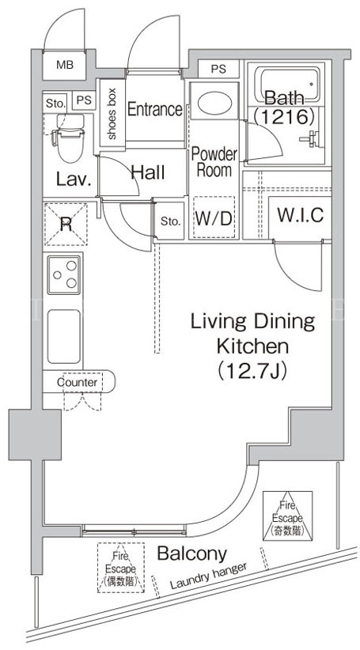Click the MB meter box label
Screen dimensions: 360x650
click(x=64, y=65)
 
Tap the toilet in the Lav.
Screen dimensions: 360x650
click(x=69, y=138)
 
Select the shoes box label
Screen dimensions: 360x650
click(x=112, y=112)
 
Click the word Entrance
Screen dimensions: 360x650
click(x=155, y=109)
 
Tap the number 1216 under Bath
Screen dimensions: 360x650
click(x=283, y=117)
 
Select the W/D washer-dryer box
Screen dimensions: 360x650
click(x=214, y=217)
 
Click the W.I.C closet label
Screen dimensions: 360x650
click(x=300, y=215)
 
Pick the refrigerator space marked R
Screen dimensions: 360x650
click(x=66, y=225)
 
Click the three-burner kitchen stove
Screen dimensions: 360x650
click(x=63, y=275)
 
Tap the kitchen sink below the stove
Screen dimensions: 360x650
click(x=64, y=336)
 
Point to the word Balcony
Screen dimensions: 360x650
click(x=192, y=554)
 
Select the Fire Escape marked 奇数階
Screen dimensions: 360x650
click(x=287, y=516)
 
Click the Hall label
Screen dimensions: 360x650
click(x=148, y=172)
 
